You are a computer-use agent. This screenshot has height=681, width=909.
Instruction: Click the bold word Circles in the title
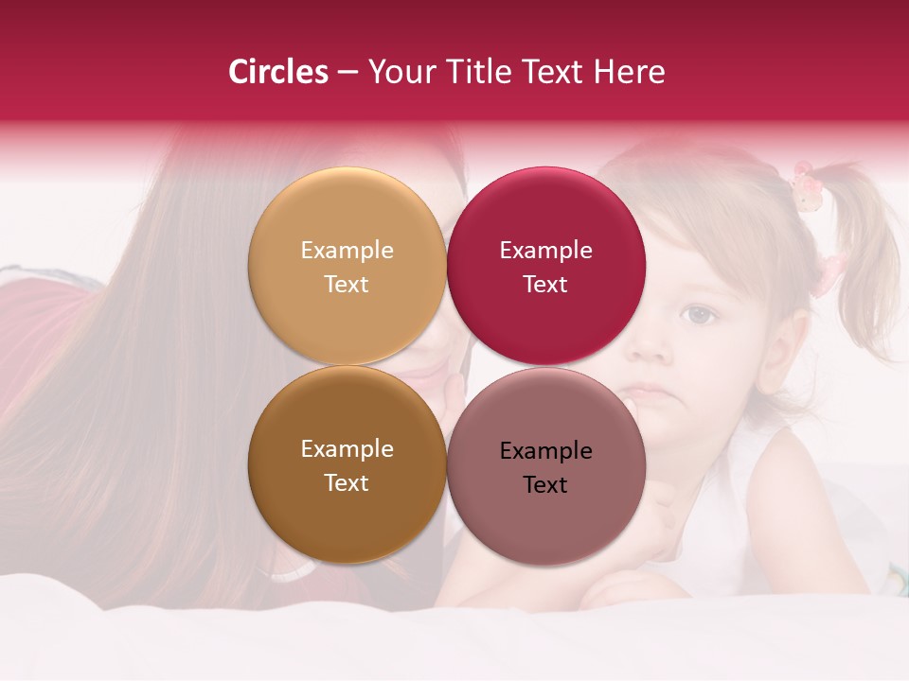tap(277, 72)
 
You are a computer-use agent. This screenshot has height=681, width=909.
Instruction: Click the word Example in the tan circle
tap(347, 251)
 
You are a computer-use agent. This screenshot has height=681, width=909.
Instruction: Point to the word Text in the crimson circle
tap(545, 285)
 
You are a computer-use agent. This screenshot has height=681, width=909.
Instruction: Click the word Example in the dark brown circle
tap(347, 449)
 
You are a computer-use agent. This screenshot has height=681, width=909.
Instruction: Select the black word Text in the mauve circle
tap(545, 485)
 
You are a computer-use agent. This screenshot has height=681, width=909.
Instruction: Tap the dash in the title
tap(348, 72)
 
